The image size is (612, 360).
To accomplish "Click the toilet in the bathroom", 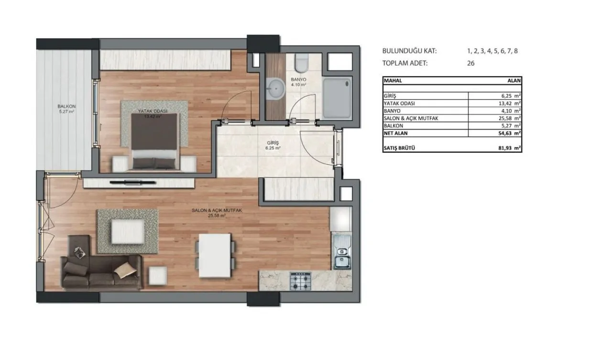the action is click(x=302, y=63).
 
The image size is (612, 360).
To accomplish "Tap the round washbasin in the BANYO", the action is click(x=276, y=89).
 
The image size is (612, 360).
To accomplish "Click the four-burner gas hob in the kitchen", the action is click(x=301, y=281).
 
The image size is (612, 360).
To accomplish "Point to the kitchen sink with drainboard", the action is click(x=341, y=251).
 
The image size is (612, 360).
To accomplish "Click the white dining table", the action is click(x=215, y=256).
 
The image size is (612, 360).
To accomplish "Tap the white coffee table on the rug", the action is click(x=128, y=231).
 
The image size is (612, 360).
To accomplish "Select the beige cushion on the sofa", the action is click(x=125, y=271).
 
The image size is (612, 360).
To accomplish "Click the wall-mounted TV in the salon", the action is click(x=133, y=182).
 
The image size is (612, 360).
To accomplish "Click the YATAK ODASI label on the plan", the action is click(x=153, y=111).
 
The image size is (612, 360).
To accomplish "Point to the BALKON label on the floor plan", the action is click(x=66, y=106).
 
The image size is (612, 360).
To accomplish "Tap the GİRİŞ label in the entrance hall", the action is click(x=273, y=143).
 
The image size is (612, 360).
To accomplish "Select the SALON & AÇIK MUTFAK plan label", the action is click(x=217, y=210).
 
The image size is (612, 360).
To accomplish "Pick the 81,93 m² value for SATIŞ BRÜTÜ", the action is click(x=510, y=148).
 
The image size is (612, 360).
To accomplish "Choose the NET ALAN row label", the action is click(x=395, y=133).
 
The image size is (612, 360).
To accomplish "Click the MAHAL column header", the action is click(x=393, y=81).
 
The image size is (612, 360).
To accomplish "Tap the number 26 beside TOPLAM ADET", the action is click(x=471, y=64).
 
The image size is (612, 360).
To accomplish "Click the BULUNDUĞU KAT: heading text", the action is click(x=409, y=51).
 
